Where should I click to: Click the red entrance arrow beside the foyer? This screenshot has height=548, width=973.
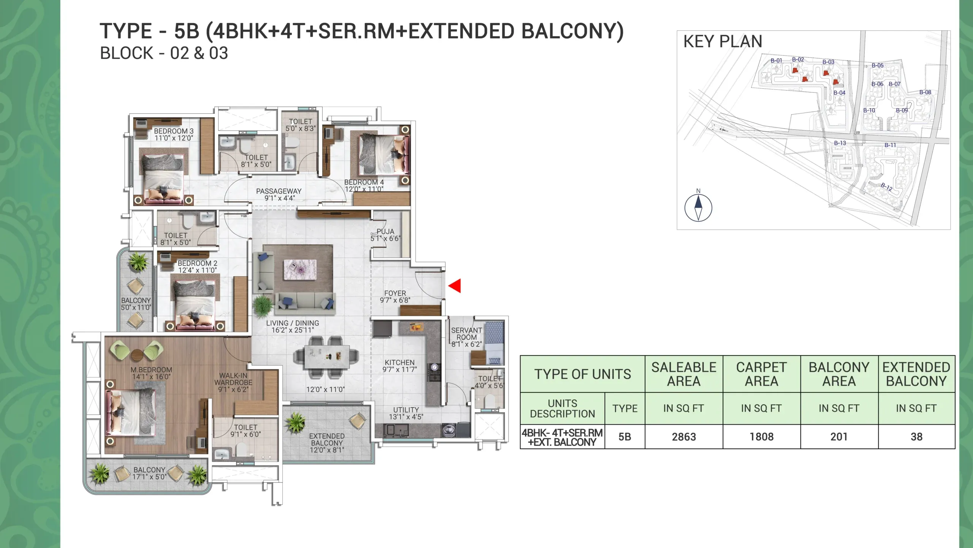pos(455,286)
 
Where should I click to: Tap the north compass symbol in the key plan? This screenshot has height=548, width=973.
pos(698,207)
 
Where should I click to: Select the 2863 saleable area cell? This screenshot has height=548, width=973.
pos(684,436)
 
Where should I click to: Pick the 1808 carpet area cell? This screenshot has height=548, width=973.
pos(761,436)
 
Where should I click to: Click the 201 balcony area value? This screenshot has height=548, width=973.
pos(839,436)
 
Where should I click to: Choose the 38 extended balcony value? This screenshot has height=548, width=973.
pos(916,436)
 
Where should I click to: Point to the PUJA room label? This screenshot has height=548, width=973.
pos(385,231)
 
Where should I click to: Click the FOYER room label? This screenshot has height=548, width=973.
pos(395,293)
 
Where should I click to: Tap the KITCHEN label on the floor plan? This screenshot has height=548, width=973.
pos(399,363)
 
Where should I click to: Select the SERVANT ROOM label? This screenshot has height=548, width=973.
pos(466,334)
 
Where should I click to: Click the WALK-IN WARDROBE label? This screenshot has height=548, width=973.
pos(233,379)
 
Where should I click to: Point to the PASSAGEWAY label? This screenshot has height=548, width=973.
pos(279,191)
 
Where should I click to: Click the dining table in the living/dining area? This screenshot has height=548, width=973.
pos(326,357)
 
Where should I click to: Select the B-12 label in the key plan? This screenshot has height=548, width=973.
pos(887,186)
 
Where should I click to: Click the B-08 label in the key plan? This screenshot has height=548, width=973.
pos(925,92)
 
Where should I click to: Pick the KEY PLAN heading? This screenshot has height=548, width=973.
pos(723,41)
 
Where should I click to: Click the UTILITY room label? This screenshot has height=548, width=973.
pos(406,410)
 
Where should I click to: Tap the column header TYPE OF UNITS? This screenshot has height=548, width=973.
pos(583,374)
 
